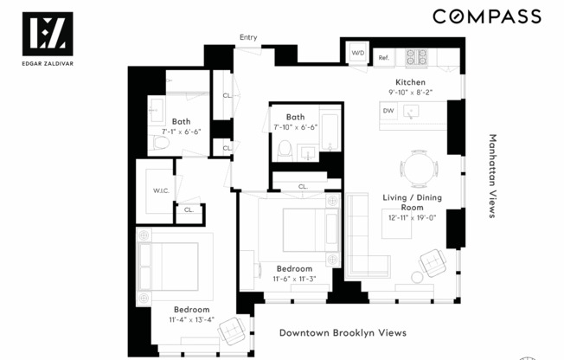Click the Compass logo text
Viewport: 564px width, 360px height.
click(x=486, y=16)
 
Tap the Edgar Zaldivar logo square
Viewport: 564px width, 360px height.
click(x=47, y=33)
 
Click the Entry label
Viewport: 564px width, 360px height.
click(x=248, y=37)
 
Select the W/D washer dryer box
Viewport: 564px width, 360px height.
click(x=358, y=54)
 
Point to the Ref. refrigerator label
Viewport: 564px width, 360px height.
click(x=385, y=58)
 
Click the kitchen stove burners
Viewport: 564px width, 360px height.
click(x=416, y=57)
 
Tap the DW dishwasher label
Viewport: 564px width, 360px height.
click(x=388, y=111)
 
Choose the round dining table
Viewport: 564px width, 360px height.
click(x=418, y=167)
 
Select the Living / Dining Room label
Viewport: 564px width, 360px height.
click(x=412, y=202)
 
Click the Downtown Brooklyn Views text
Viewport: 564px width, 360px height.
click(x=343, y=332)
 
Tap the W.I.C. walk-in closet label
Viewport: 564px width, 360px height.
click(x=160, y=191)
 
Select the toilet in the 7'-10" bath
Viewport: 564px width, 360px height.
click(x=285, y=149)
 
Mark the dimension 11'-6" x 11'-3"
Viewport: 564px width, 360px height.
click(x=295, y=279)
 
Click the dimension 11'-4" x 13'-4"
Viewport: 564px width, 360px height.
click(x=191, y=320)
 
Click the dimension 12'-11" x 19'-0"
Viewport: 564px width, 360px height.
click(x=412, y=219)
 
